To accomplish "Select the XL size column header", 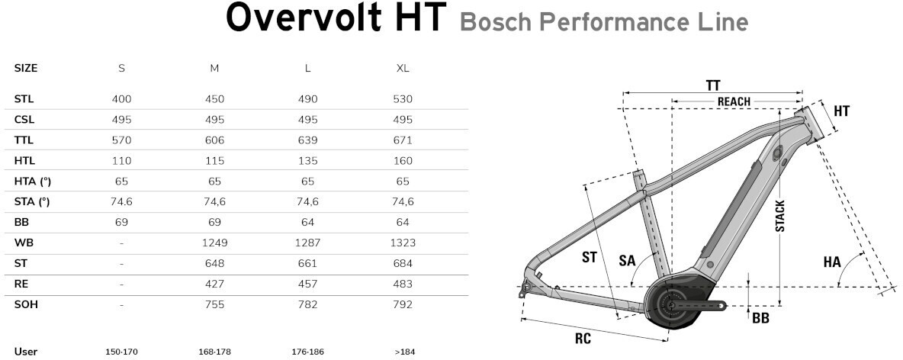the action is (403, 68).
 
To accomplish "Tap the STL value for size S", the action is (121, 99).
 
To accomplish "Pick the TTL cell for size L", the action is (307, 140).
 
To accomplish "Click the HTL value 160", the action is (403, 161).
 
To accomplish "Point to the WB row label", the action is (24, 243).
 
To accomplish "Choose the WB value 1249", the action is (214, 243).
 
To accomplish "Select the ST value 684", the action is (403, 263).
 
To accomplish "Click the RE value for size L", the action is (307, 284).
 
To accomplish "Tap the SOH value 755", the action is (214, 304).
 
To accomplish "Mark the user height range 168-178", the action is (214, 352).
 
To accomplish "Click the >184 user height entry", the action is (403, 352).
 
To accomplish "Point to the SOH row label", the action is (26, 304).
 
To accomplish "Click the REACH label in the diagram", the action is (734, 102).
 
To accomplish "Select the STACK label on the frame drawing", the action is (779, 216).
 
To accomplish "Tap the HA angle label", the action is (832, 262).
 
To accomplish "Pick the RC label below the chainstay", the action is (583, 338).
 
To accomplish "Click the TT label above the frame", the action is (713, 86).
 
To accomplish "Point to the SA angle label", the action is (627, 260).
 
